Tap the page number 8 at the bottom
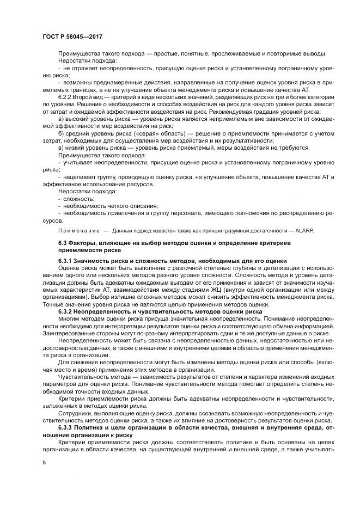[44, 462]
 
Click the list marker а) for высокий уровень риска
[60, 118]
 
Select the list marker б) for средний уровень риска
[60, 133]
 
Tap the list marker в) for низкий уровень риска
[60, 147]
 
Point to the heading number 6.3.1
[66, 261]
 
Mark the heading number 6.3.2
[66, 311]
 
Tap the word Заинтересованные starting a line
[72, 333]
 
